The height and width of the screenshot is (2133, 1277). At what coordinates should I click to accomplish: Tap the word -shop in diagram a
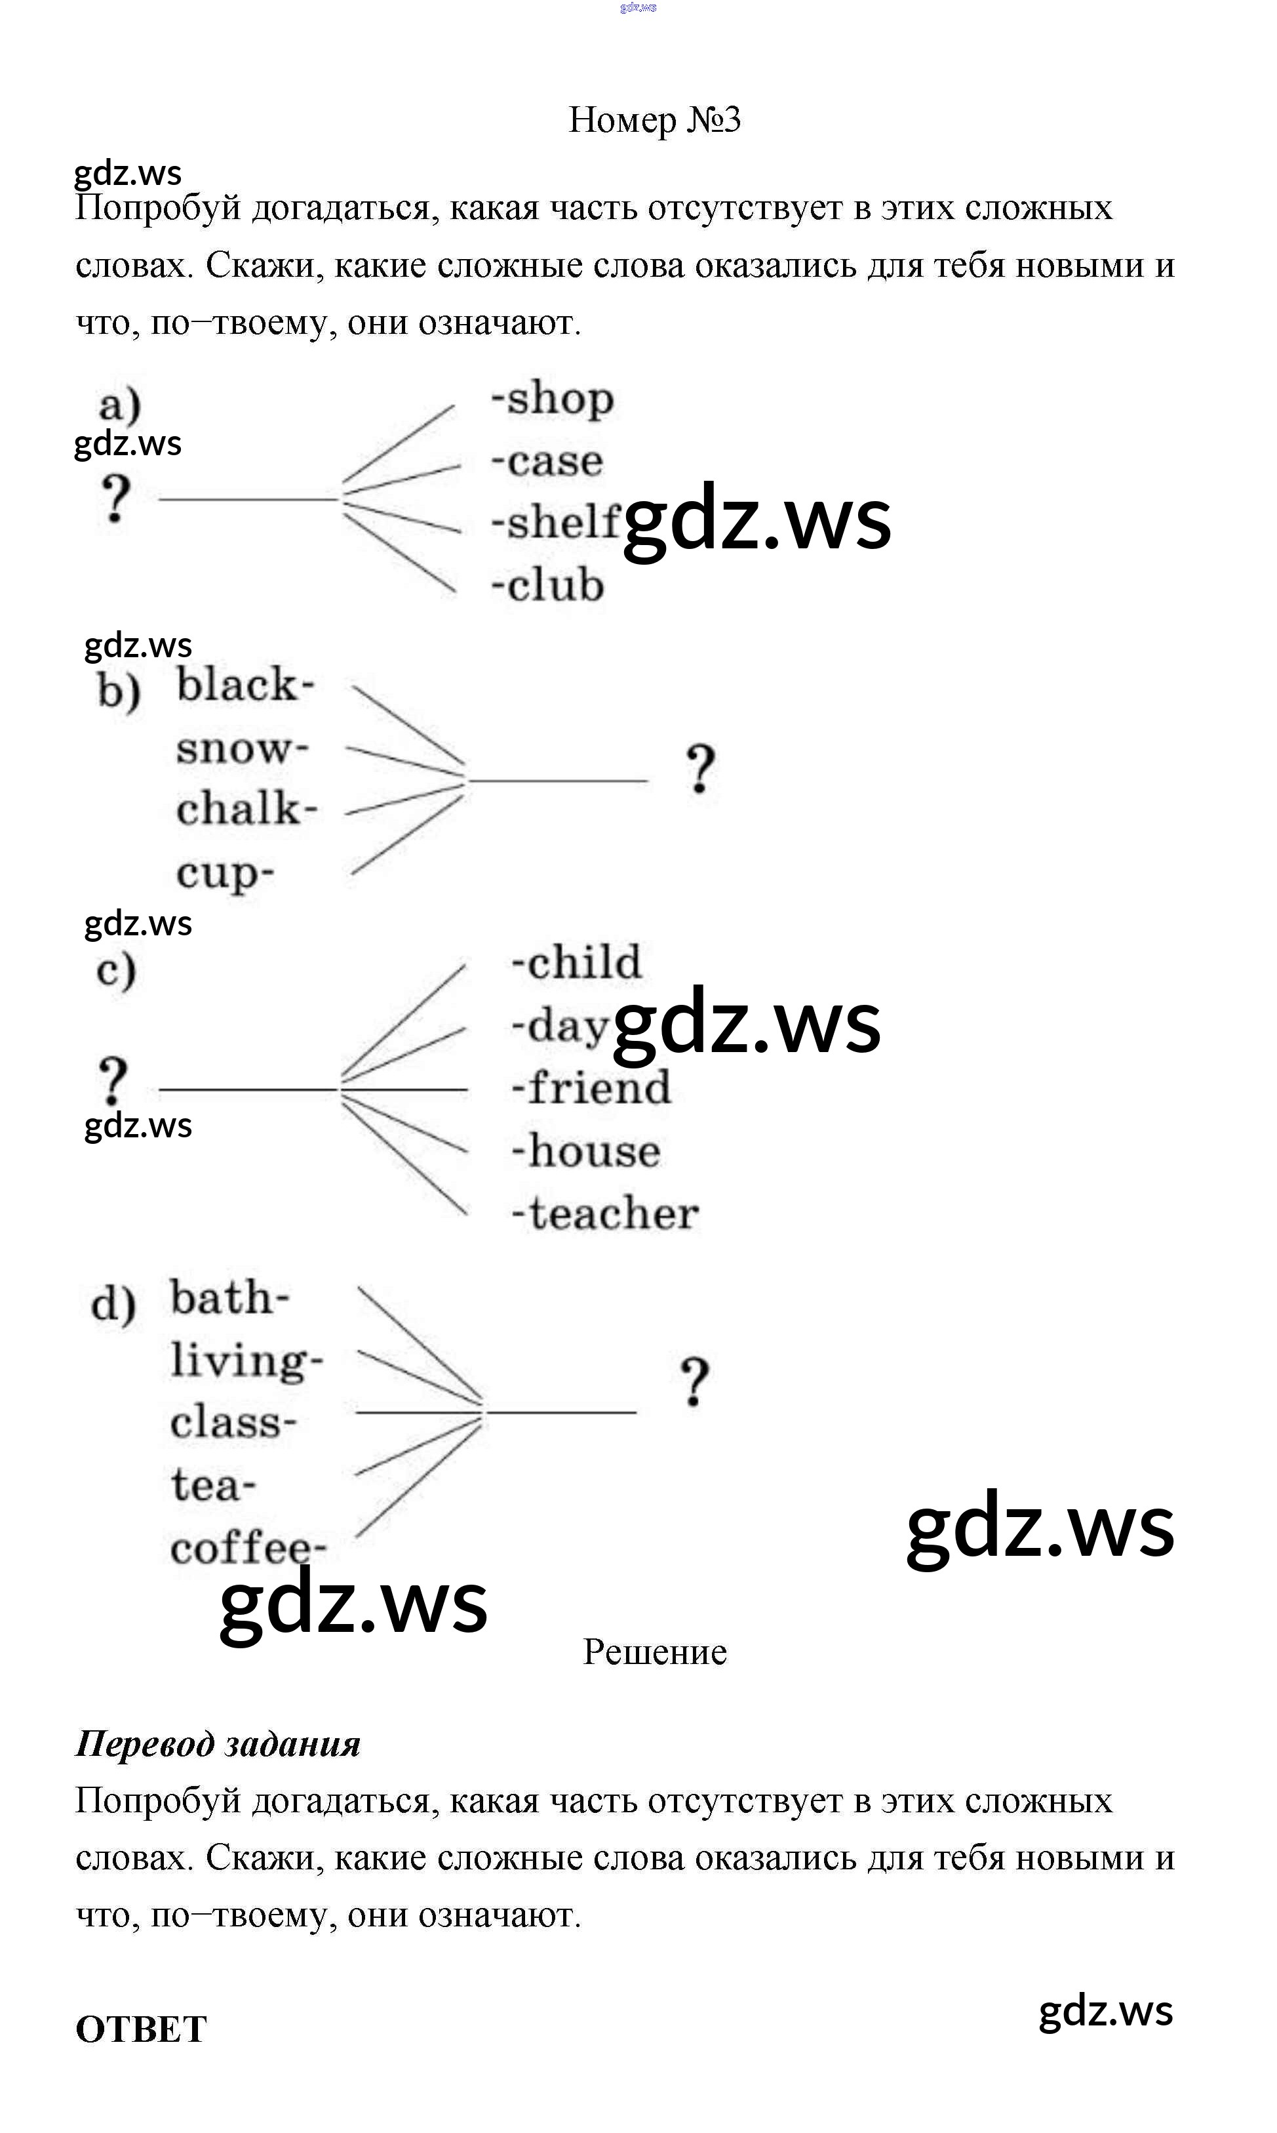553,399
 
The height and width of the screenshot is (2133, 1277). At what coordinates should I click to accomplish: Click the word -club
548,585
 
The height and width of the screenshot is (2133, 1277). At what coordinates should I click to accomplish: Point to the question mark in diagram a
115,499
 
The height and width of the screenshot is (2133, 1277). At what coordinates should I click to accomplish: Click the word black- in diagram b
245,686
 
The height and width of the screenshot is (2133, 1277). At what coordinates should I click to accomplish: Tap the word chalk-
247,810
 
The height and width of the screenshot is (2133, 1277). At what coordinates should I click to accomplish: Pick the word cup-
226,874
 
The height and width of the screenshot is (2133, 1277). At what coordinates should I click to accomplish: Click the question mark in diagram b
701,769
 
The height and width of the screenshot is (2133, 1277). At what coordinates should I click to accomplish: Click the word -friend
591,1088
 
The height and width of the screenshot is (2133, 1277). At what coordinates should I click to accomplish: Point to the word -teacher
605,1213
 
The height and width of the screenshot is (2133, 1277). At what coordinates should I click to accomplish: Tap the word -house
586,1151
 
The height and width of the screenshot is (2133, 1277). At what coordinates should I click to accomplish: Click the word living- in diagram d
246,1362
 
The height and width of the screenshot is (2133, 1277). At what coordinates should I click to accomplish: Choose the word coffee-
248,1549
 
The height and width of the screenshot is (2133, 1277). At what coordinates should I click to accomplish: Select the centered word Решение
655,1652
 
